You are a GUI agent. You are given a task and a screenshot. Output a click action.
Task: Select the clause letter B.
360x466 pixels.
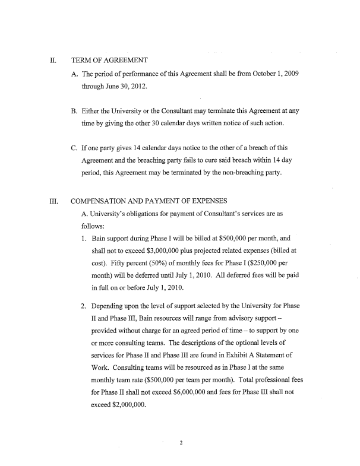click(x=74, y=110)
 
